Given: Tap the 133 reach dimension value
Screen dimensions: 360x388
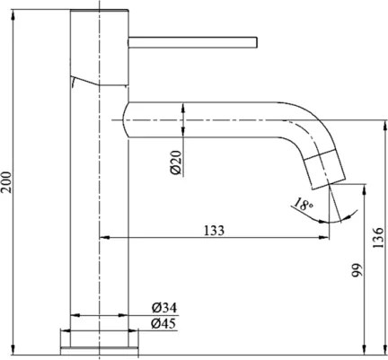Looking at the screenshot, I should pos(214,230).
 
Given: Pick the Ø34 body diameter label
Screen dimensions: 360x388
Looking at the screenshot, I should pos(163,309).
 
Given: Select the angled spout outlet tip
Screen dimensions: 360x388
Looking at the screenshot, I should pos(325,169).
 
